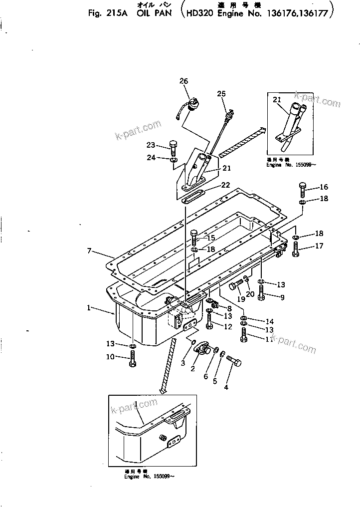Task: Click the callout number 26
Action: coord(184,81)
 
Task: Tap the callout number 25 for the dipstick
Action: coord(221,93)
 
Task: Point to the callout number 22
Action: coord(225,185)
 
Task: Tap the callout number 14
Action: coord(270,321)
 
